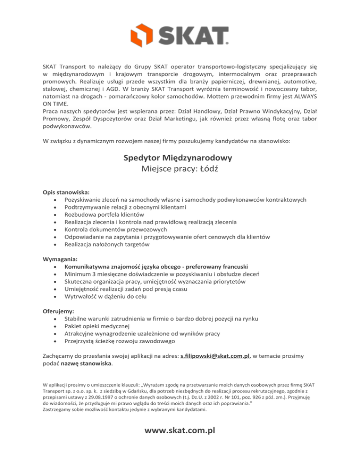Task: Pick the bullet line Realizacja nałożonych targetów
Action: [107, 244]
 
